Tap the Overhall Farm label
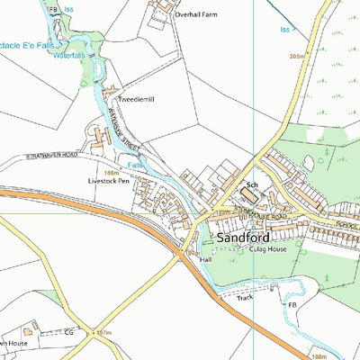coord(198,15)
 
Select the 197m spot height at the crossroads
coord(104,333)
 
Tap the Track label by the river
coord(245,296)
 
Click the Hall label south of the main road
coord(205,259)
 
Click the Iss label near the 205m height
coord(285,30)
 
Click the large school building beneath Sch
coord(248,197)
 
